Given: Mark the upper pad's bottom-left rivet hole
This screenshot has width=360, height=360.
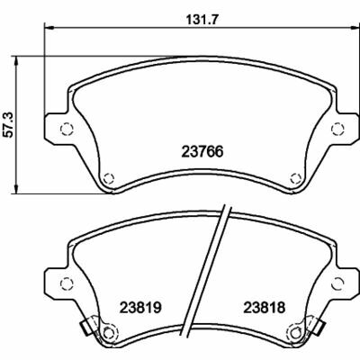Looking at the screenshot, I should point(108,176).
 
